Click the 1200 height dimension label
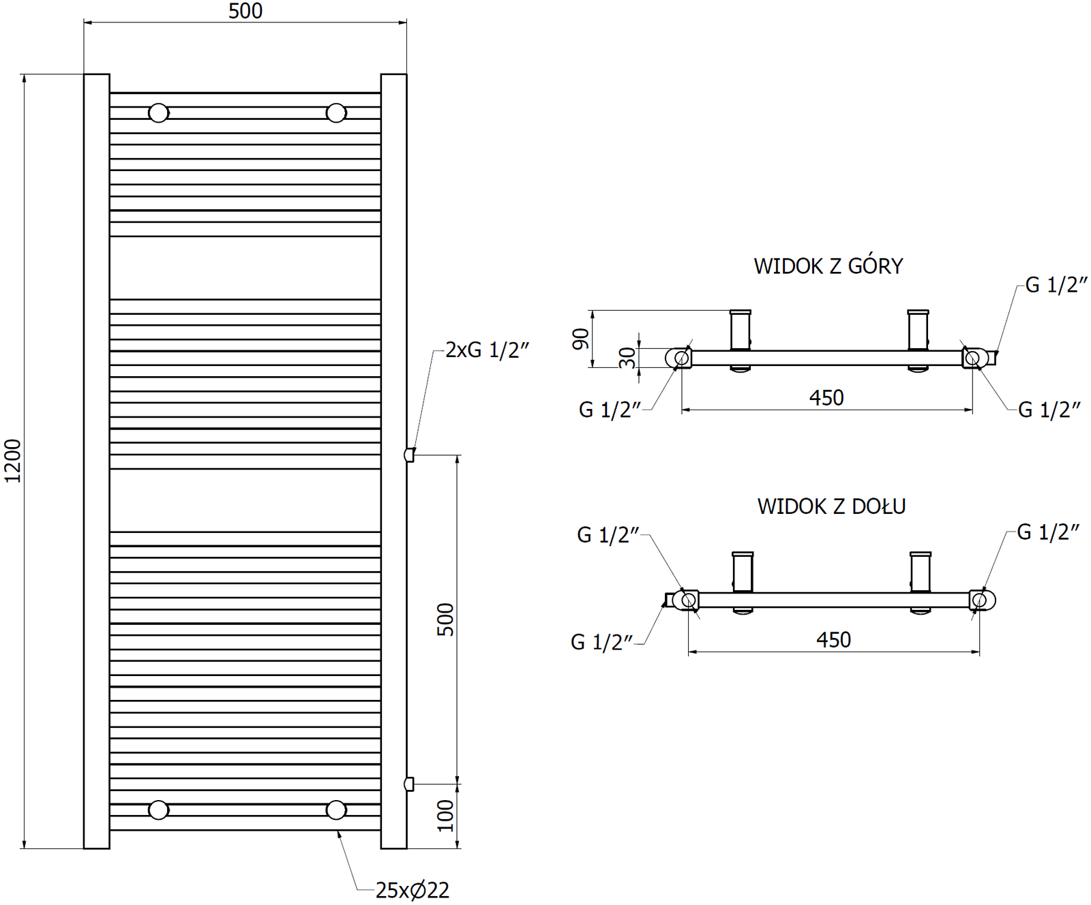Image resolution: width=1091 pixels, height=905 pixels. [x=13, y=461]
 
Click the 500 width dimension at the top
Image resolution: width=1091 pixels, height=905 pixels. [x=245, y=11]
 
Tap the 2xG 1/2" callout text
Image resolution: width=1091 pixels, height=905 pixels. [x=487, y=350]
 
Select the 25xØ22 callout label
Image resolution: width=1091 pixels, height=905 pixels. [x=412, y=890]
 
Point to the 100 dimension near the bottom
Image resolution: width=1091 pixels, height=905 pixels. [x=445, y=815]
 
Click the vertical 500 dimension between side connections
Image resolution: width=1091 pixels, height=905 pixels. [x=445, y=619]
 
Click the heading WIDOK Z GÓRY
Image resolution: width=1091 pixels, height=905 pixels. [x=828, y=266]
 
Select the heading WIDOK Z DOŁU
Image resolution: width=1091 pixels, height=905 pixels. [x=831, y=506]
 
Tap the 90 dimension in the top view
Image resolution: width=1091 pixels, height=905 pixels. [x=580, y=339]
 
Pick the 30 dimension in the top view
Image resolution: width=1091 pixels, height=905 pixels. [x=628, y=357]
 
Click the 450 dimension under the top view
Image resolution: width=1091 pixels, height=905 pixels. [x=826, y=397]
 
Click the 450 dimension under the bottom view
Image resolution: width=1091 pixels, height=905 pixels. [x=833, y=639]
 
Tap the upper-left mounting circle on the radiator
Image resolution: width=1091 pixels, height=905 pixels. [x=159, y=112]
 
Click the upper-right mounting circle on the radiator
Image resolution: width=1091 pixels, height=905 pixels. [x=336, y=112]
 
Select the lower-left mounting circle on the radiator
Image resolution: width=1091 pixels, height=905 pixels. [x=159, y=810]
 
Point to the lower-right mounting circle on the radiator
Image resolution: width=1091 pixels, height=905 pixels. [x=336, y=810]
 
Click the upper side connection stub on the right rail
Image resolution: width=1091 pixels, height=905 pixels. [x=409, y=455]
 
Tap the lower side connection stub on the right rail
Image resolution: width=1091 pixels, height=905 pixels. [x=409, y=784]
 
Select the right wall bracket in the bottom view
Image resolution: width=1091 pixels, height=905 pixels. [x=921, y=572]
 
